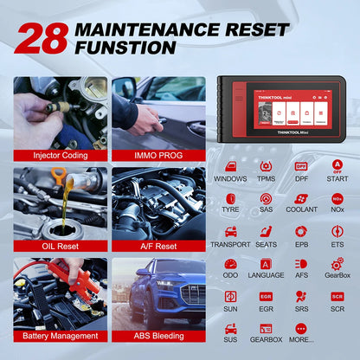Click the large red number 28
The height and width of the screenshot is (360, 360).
coord(40,38)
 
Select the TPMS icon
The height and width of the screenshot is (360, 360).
coord(266,165)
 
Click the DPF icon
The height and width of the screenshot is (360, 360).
coord(301,165)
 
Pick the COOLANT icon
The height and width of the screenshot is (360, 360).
coord(301,198)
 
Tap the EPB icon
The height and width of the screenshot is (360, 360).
coord(301,231)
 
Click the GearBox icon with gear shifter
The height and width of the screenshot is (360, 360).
coord(337,264)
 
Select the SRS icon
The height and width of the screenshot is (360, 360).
coord(301,297)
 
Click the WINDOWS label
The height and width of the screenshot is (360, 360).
coord(231,178)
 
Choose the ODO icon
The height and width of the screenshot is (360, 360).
coord(231,264)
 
